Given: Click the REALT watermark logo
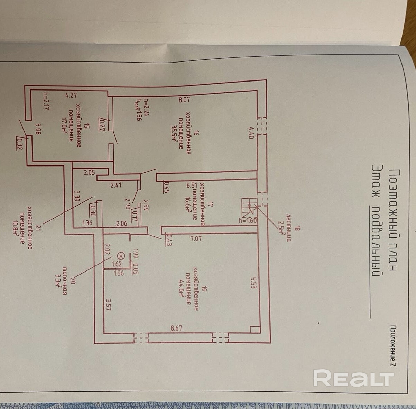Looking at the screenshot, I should (x=353, y=378).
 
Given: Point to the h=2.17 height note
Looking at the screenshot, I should (x=45, y=100).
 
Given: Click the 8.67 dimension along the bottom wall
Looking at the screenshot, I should (x=176, y=328).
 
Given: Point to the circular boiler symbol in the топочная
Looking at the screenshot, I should (x=120, y=256).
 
